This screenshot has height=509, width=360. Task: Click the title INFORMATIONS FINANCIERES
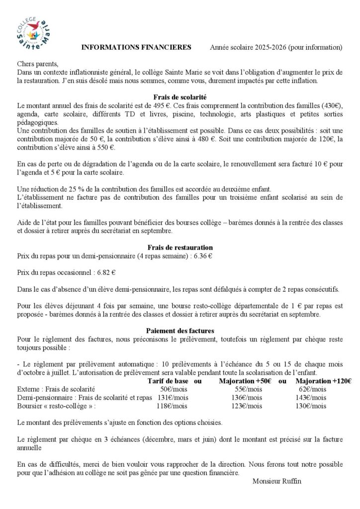pyautogui.click(x=136, y=48)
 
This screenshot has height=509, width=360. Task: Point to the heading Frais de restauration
pyautogui.click(x=180, y=247)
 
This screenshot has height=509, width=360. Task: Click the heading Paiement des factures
pyautogui.click(x=180, y=330)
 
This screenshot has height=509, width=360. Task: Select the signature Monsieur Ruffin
pyautogui.click(x=277, y=481)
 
